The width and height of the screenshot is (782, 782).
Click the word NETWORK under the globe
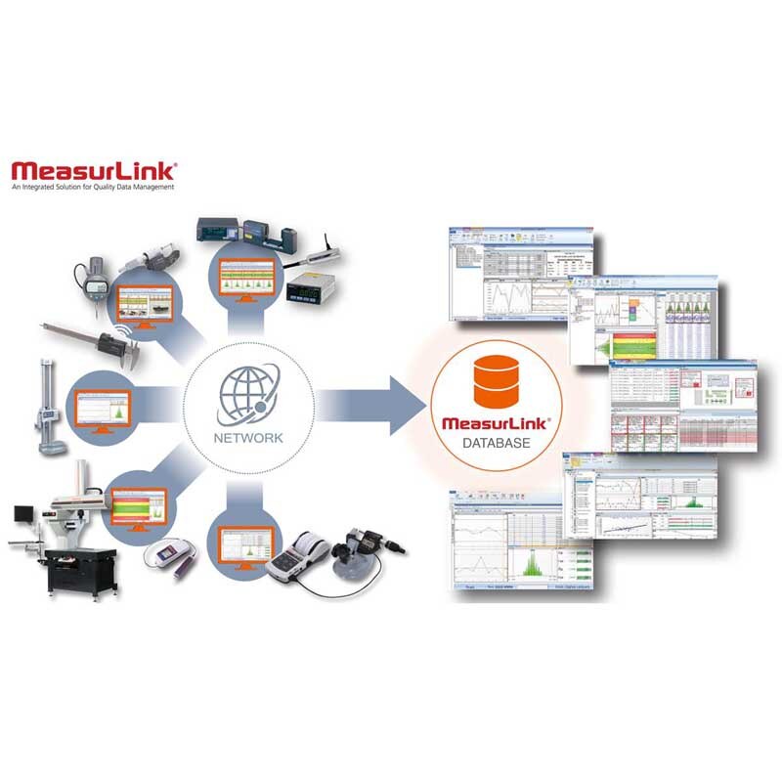point(249,438)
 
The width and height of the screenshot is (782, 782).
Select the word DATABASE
point(496,445)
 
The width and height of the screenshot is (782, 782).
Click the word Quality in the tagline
point(101,187)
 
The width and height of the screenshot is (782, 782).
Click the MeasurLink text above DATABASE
point(496,423)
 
